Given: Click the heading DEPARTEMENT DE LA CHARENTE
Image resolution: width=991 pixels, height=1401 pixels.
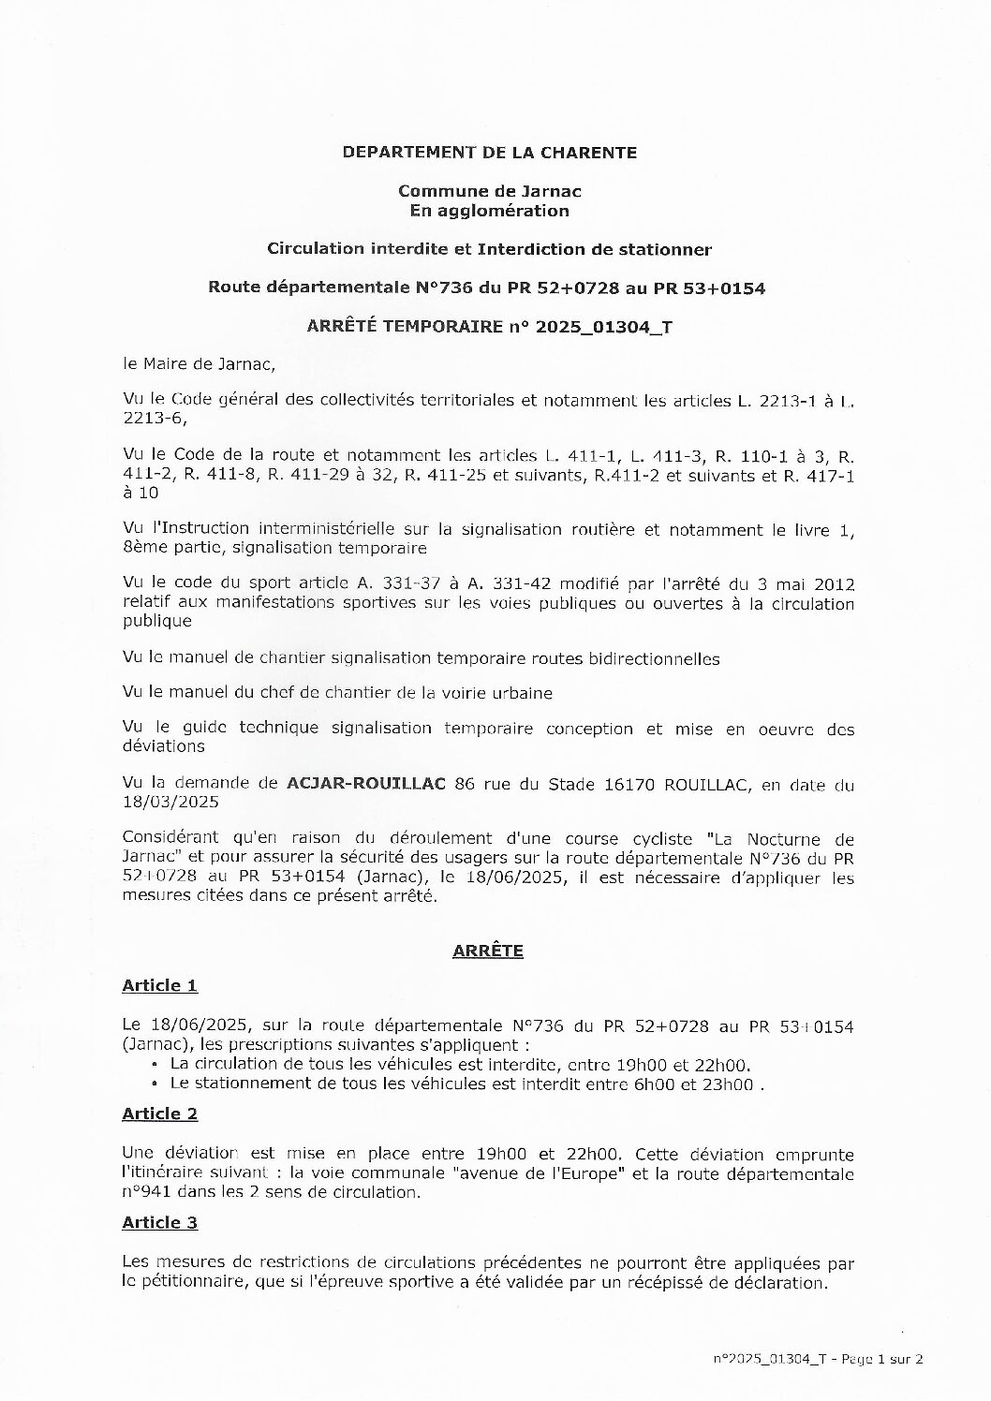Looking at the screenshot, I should pos(489,152).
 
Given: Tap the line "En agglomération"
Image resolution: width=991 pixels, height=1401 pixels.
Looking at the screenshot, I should pos(489,211).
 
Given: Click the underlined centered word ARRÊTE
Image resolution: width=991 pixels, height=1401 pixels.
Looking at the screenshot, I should pos(487,951).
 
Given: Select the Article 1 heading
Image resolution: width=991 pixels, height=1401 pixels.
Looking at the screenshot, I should pos(159,985).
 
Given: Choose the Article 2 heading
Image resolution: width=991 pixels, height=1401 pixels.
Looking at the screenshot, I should pos(159,1113).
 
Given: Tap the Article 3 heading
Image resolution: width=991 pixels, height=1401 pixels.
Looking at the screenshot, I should pos(159,1222).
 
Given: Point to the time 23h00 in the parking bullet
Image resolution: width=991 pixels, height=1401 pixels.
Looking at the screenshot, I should pos(730,1084).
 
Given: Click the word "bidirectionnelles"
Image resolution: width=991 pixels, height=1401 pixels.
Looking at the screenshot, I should pos(652,658).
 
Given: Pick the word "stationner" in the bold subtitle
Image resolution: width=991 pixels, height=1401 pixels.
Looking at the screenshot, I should pos(670,249).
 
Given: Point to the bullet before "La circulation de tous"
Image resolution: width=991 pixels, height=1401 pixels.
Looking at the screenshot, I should pos(155,1065).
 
